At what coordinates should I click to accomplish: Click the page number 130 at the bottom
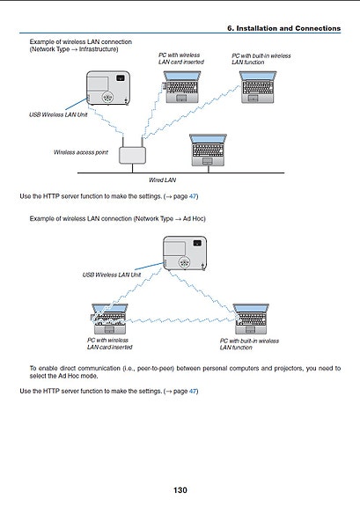click(x=180, y=490)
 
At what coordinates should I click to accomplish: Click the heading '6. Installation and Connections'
click(x=283, y=28)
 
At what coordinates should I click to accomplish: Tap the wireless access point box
click(x=132, y=156)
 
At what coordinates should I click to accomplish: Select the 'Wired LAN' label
click(x=163, y=180)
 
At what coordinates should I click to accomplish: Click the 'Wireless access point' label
click(x=81, y=152)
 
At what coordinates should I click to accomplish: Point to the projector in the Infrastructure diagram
click(x=108, y=88)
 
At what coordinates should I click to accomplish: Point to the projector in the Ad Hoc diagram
click(x=185, y=253)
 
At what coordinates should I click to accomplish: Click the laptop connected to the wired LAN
click(x=208, y=150)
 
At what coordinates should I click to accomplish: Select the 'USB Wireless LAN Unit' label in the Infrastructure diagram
click(x=58, y=114)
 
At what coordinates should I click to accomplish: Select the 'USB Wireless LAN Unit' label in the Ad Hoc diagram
click(x=112, y=275)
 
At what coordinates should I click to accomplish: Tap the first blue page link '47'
click(x=193, y=196)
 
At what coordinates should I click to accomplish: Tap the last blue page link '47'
click(x=193, y=391)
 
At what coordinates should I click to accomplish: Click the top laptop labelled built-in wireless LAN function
click(x=258, y=87)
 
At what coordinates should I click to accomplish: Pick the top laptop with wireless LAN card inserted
click(x=181, y=87)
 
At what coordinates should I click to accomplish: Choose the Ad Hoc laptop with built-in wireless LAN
click(x=251, y=319)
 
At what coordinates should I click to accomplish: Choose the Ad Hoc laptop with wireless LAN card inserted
click(x=109, y=319)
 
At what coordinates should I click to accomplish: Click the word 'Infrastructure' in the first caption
click(x=98, y=49)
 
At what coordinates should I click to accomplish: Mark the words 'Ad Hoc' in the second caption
click(x=193, y=219)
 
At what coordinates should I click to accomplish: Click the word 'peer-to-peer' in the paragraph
click(x=155, y=369)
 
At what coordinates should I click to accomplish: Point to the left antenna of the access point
click(x=123, y=142)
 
